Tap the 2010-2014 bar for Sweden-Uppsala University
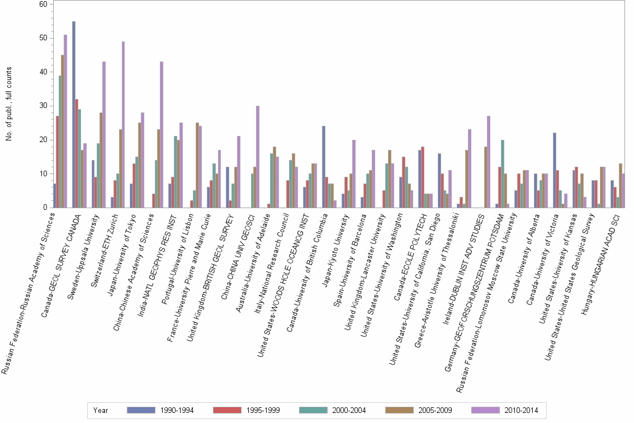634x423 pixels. [104, 135]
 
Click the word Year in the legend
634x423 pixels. [101, 410]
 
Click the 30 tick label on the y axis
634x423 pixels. [42, 106]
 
